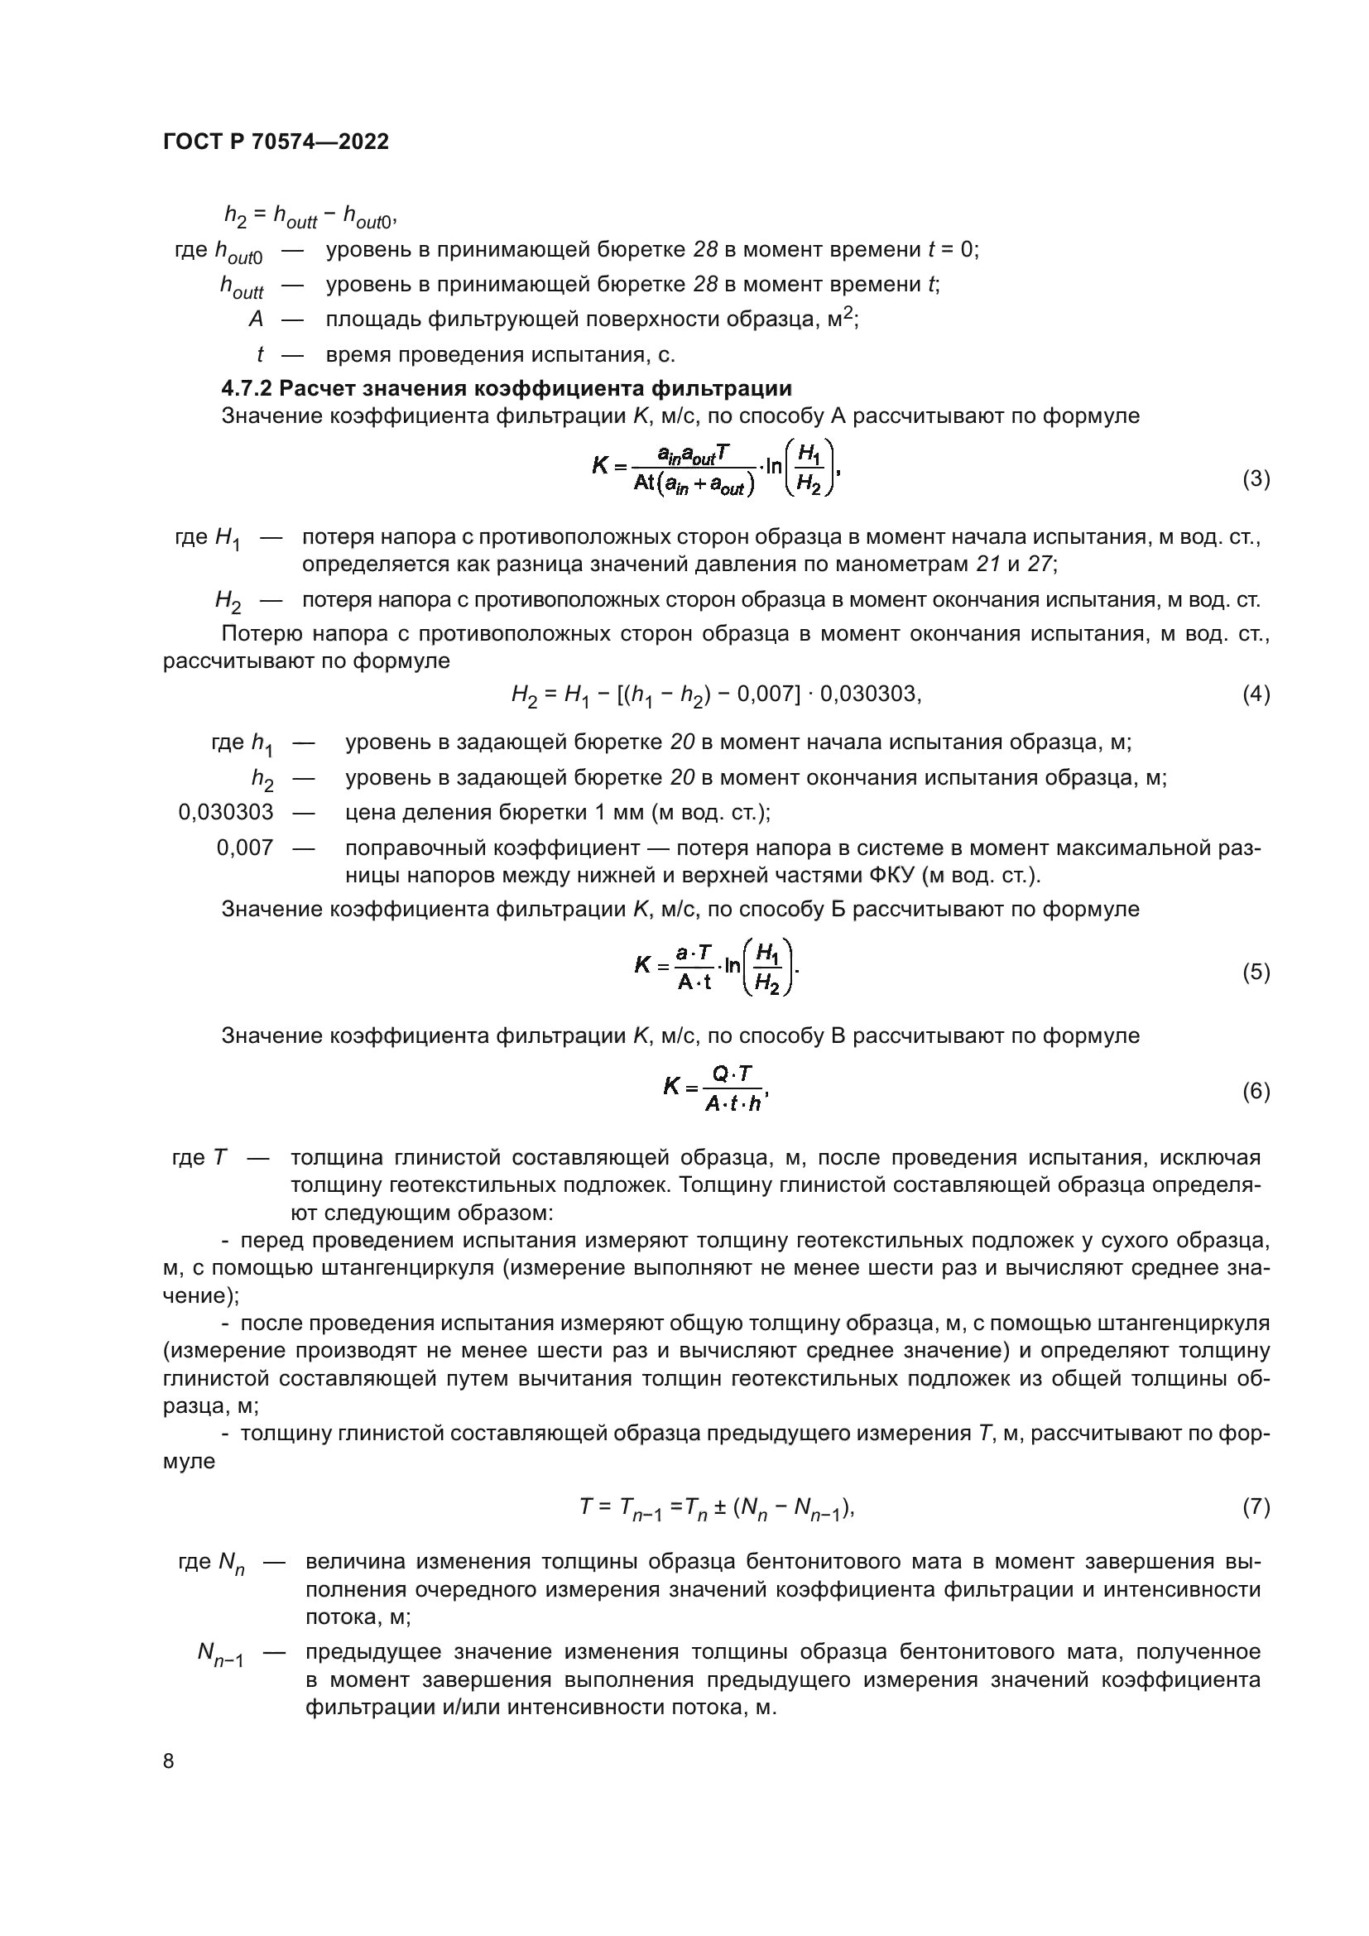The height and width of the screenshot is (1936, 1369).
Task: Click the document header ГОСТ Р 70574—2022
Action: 276,142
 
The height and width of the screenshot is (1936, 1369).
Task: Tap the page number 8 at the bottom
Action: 169,1761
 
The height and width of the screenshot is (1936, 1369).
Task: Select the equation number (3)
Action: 1256,479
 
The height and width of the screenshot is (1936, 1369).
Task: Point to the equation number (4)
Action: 1256,694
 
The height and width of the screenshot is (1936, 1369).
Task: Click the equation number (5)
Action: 1256,972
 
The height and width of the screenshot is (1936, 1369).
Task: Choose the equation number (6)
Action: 1256,1091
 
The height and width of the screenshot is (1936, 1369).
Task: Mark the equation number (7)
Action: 1256,1506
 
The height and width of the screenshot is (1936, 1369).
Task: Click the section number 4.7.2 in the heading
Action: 246,389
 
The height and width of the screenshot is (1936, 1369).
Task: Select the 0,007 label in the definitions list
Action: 244,848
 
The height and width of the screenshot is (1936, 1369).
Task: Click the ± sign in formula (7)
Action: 720,1506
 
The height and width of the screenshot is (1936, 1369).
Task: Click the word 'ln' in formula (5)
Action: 732,965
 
